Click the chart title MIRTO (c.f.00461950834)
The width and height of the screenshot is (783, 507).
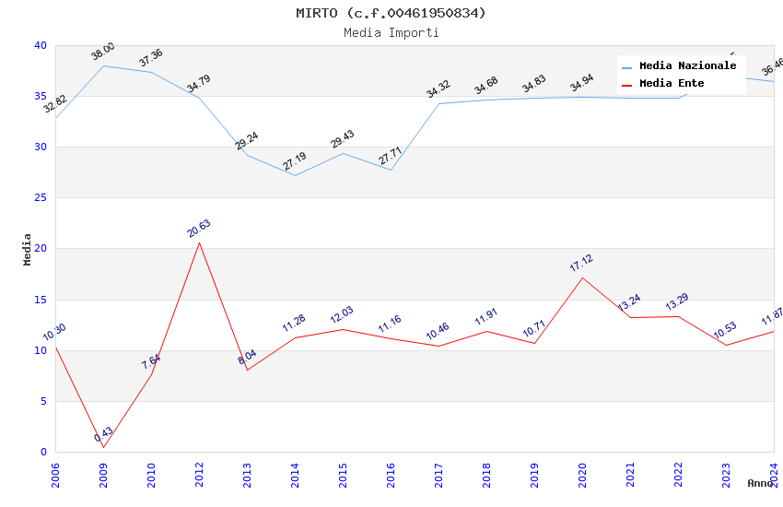pyautogui.click(x=391, y=13)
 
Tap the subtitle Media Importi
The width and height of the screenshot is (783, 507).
pyautogui.click(x=391, y=32)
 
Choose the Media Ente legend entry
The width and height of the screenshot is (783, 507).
pyautogui.click(x=672, y=83)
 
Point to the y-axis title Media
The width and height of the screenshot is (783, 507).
pyautogui.click(x=28, y=249)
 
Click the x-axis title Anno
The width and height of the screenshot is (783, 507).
pyautogui.click(x=760, y=483)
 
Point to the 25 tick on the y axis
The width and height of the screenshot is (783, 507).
pyautogui.click(x=41, y=197)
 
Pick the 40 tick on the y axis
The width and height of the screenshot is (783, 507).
pyautogui.click(x=41, y=45)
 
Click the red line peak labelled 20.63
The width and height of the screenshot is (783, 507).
pyautogui.click(x=199, y=242)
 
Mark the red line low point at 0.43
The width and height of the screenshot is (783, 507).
pyautogui.click(x=103, y=447)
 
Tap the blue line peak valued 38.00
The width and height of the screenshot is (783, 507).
pyautogui.click(x=103, y=65)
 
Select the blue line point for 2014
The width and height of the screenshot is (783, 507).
pyautogui.click(x=295, y=175)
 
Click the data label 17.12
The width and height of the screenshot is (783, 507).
pyautogui.click(x=581, y=264)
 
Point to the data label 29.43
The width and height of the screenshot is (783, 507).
pyautogui.click(x=342, y=139)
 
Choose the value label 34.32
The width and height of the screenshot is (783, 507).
pyautogui.click(x=438, y=89)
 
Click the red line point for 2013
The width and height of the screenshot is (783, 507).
pyautogui.click(x=247, y=370)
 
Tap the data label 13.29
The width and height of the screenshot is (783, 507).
pyautogui.click(x=677, y=302)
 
